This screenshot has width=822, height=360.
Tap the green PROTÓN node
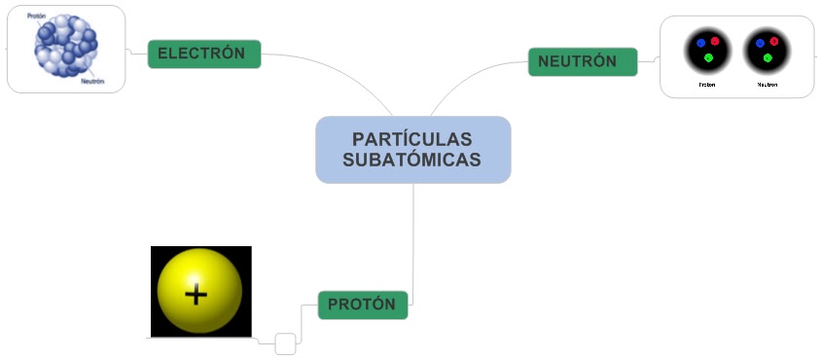(362, 305)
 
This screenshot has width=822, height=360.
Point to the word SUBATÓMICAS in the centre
(412, 160)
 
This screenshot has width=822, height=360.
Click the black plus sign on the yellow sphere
(197, 293)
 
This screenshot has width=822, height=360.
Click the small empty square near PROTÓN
(285, 343)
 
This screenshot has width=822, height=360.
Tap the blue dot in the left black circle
(700, 44)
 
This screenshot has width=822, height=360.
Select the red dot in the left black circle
(715, 41)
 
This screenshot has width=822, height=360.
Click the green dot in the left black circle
(708, 58)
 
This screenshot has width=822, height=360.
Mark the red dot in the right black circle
(774, 41)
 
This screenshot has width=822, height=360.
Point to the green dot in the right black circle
(768, 58)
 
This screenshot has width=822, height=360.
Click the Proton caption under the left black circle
(707, 85)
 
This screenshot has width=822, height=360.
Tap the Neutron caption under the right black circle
(768, 85)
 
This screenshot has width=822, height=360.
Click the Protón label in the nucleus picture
(37, 16)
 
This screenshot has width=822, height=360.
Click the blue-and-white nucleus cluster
(66, 49)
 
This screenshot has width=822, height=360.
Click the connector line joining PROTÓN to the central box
(413, 243)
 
